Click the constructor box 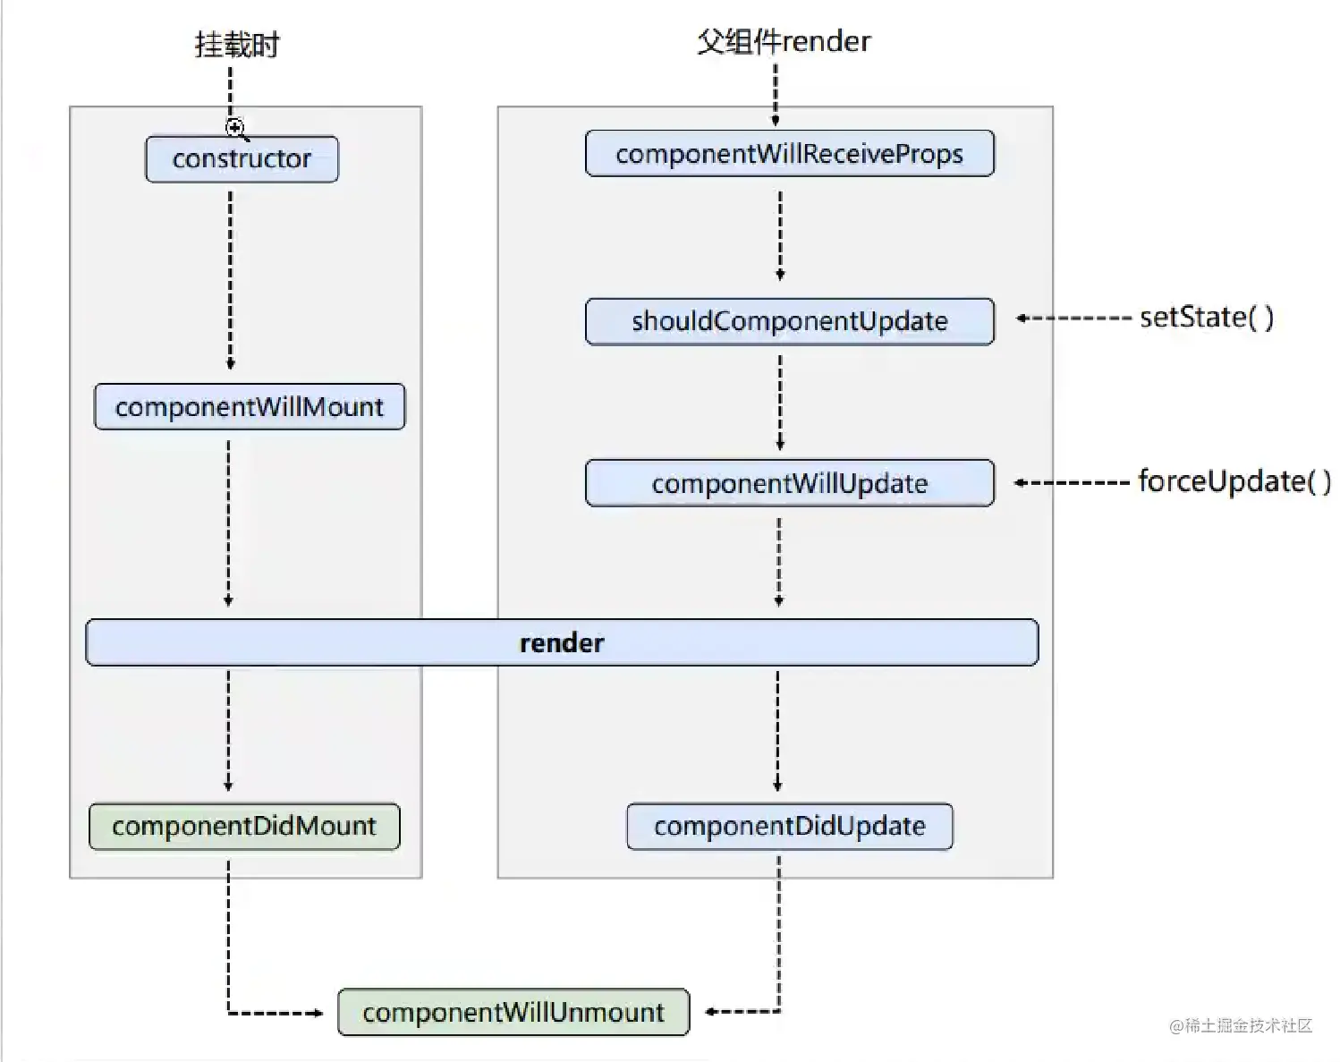[x=242, y=159]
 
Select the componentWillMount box [x=249, y=407]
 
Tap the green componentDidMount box [x=245, y=827]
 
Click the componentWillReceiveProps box [x=790, y=154]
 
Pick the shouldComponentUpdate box [x=790, y=321]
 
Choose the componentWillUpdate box [x=790, y=483]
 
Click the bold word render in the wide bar [x=562, y=642]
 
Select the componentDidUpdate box [x=790, y=827]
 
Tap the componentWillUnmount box [x=513, y=1012]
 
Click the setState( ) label [x=1207, y=318]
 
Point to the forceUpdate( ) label [x=1234, y=481]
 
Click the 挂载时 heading [x=237, y=45]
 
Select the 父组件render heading [x=784, y=42]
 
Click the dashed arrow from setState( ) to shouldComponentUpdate [x=1073, y=319]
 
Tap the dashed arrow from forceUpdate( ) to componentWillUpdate [x=1073, y=482]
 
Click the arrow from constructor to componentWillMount [x=231, y=280]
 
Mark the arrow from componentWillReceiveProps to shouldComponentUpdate [x=780, y=236]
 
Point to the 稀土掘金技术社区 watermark [x=1241, y=1025]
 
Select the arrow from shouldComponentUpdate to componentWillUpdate [x=780, y=403]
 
